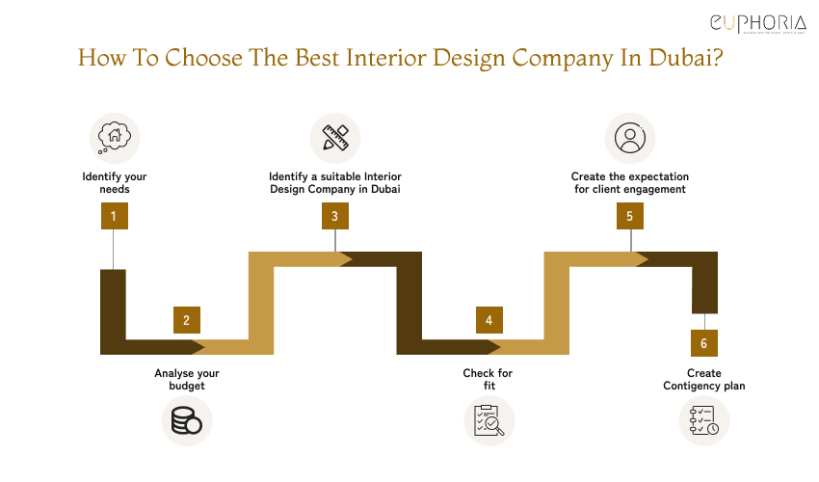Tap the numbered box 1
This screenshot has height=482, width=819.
pyautogui.click(x=114, y=216)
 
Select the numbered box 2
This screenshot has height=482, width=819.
pyautogui.click(x=187, y=320)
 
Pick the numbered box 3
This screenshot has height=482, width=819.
pyautogui.click(x=334, y=216)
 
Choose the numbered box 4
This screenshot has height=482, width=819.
pyautogui.click(x=489, y=320)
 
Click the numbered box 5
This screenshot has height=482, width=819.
pyautogui.click(x=629, y=216)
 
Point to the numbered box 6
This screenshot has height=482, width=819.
pyautogui.click(x=704, y=343)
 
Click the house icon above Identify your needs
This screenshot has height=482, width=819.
pyautogui.click(x=114, y=137)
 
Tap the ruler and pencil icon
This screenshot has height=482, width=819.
pyautogui.click(x=334, y=137)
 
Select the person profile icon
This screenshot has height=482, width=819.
pyautogui.click(x=629, y=137)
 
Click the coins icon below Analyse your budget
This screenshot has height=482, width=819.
pyautogui.click(x=185, y=421)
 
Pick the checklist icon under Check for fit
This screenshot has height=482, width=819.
pyautogui.click(x=489, y=421)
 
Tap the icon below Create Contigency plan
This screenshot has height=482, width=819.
pyautogui.click(x=704, y=421)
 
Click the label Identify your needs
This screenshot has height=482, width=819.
pyautogui.click(x=114, y=183)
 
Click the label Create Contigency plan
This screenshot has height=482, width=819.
pyautogui.click(x=704, y=379)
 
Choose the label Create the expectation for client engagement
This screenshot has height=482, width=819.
pyautogui.click(x=629, y=183)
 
